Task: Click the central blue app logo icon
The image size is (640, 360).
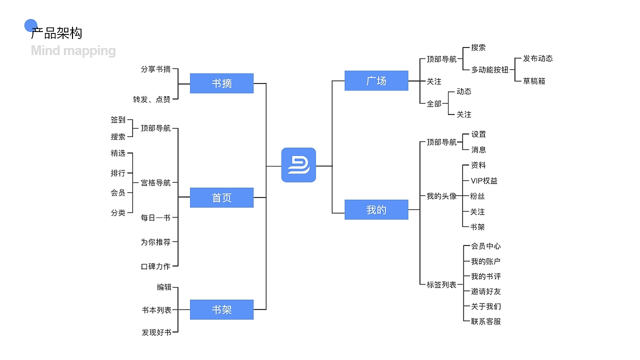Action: [298, 165]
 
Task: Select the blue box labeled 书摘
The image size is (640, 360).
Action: [221, 83]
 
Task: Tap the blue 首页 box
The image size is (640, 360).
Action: [221, 197]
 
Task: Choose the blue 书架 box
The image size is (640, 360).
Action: [221, 309]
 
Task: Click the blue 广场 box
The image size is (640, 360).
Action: [376, 80]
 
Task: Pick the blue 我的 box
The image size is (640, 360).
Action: [376, 209]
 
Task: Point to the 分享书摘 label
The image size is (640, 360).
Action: [155, 69]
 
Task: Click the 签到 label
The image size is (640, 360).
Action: [118, 120]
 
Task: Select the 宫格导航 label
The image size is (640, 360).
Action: [155, 182]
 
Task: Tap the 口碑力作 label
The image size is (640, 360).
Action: [155, 266]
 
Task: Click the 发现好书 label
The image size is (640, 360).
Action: [156, 332]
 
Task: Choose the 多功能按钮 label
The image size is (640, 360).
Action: [489, 70]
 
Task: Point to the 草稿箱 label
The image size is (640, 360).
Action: [534, 81]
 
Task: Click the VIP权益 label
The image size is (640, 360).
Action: [484, 180]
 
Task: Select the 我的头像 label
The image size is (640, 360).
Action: [441, 196]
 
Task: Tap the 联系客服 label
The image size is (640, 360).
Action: [485, 321]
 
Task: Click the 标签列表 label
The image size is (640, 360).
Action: [441, 284]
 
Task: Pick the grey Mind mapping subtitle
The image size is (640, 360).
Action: [73, 50]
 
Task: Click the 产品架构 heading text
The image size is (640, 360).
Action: [56, 33]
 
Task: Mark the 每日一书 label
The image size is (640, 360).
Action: [155, 217]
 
